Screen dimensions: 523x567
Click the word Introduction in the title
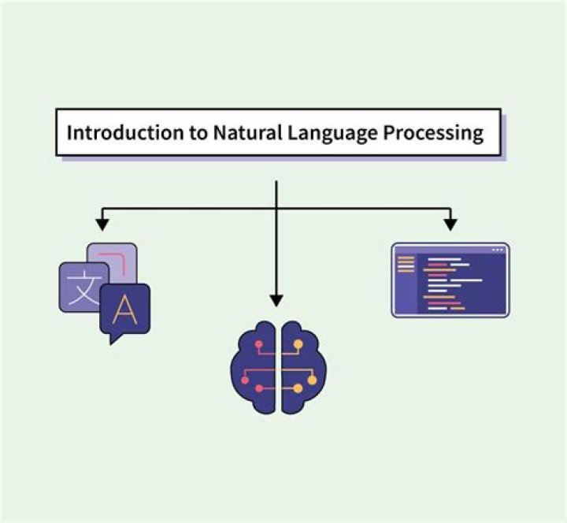point(106,132)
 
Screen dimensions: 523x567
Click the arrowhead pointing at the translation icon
point(102,224)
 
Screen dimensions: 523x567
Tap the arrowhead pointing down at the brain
point(276,299)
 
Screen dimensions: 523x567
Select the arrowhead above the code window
point(450,224)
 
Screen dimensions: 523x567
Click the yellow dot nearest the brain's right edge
point(312,380)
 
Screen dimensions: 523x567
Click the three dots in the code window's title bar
point(497,250)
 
